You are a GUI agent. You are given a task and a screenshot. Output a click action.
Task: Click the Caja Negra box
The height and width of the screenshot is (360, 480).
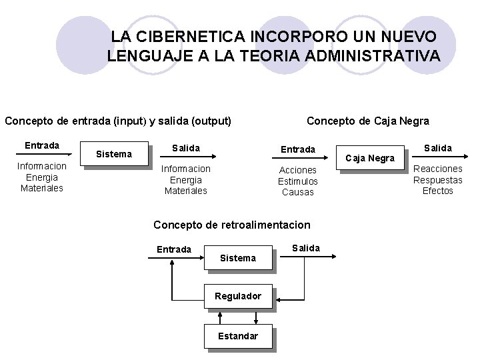click(x=371, y=159)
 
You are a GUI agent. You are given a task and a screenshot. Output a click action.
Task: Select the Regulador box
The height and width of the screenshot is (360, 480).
click(x=238, y=296)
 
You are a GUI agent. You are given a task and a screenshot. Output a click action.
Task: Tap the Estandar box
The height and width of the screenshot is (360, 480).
click(x=238, y=336)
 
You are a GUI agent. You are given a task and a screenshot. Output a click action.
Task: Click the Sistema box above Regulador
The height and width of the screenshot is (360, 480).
click(x=238, y=258)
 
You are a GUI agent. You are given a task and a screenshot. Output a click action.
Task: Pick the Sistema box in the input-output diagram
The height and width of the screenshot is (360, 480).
click(x=114, y=155)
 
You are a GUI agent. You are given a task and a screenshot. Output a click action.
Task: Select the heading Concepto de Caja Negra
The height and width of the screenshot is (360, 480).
click(x=367, y=121)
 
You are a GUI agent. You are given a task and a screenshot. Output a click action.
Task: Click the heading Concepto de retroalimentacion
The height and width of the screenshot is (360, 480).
click(x=232, y=225)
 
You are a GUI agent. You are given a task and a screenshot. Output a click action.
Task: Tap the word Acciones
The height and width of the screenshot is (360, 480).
click(x=298, y=170)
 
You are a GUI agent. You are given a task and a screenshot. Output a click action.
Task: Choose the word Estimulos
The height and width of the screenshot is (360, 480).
click(x=298, y=181)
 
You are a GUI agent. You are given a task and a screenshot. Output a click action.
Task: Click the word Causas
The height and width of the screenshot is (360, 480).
click(x=298, y=193)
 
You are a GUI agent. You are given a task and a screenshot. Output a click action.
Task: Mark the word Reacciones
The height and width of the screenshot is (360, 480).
click(x=437, y=169)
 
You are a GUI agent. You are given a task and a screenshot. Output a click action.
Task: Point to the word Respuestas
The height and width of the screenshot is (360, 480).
click(x=437, y=180)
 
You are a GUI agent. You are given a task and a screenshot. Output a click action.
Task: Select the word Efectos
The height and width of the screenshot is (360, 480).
click(x=437, y=191)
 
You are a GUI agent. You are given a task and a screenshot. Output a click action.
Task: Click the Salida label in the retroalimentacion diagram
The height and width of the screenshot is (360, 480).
click(x=306, y=248)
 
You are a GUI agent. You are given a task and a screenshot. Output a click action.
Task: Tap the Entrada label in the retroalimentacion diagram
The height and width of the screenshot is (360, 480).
click(x=174, y=249)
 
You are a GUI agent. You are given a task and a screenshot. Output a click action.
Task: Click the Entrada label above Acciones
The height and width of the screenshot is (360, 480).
click(x=298, y=149)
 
